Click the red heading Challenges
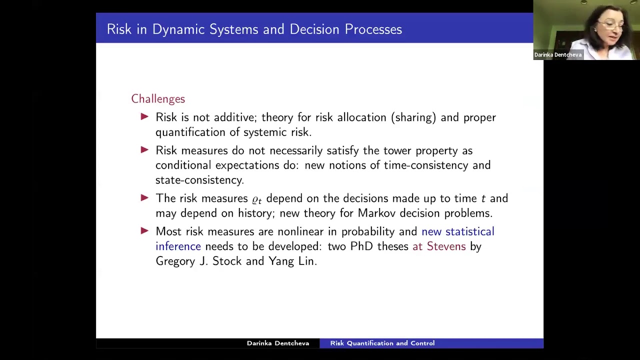(x=158, y=99)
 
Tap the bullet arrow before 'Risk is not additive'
(x=144, y=116)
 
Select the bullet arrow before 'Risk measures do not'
(x=144, y=149)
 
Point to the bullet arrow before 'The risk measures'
(x=144, y=197)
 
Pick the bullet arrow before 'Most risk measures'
(x=144, y=231)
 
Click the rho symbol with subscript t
(x=257, y=199)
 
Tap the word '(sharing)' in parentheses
(x=413, y=117)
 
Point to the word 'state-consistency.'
(x=199, y=180)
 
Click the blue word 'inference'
(x=178, y=246)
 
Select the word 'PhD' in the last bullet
(x=361, y=246)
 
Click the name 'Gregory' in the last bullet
(x=175, y=261)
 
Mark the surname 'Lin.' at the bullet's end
(x=307, y=261)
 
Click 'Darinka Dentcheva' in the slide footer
(x=278, y=343)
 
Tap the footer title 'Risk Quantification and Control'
(x=382, y=343)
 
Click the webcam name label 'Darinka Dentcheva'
(x=557, y=55)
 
